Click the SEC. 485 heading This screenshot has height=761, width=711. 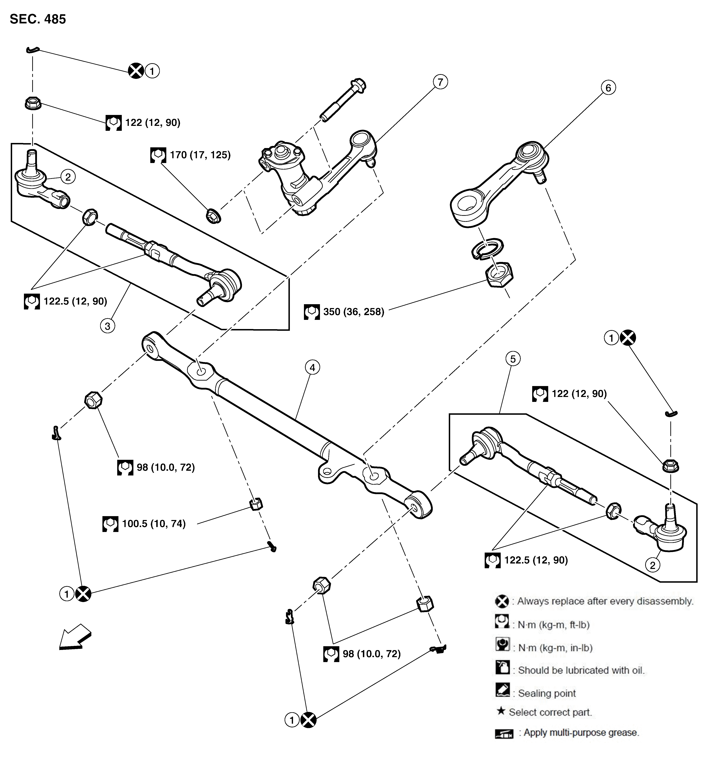(38, 19)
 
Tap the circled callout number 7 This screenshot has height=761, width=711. (440, 82)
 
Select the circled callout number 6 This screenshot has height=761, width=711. (608, 88)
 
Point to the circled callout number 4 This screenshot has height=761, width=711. (312, 368)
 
